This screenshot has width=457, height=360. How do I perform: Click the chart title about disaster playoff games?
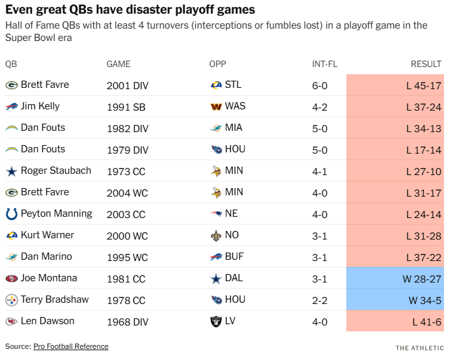[130, 10]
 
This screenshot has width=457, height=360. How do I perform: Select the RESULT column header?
[426, 64]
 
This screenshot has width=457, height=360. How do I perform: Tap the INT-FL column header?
[325, 64]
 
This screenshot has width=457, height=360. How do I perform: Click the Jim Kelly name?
[40, 106]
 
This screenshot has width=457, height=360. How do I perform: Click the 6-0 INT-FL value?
[320, 85]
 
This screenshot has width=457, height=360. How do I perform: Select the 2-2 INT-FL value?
[320, 299]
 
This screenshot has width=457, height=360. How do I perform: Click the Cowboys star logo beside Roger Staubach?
[12, 171]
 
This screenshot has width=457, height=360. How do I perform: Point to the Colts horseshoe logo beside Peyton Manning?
[12, 214]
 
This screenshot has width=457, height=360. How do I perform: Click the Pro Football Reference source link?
[71, 346]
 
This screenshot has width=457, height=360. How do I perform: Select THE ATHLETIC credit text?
[419, 348]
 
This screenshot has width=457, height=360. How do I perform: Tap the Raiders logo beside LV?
[216, 321]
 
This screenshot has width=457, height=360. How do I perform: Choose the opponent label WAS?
[235, 106]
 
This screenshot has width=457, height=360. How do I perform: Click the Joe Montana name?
[49, 278]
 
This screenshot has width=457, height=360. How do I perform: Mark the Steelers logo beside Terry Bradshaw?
[12, 299]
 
